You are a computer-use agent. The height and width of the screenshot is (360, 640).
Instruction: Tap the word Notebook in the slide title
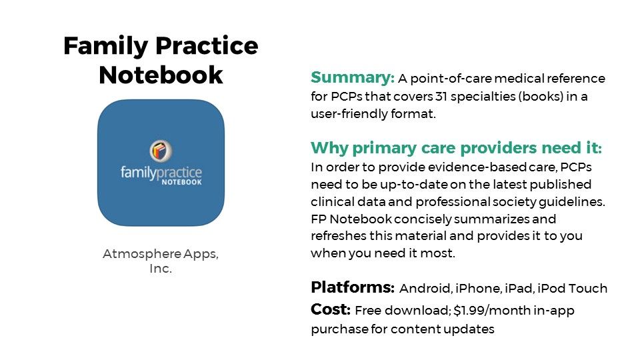[161, 75]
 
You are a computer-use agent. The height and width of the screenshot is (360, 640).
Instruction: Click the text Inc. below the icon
[161, 269]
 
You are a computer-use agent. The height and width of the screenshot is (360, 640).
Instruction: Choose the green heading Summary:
[353, 77]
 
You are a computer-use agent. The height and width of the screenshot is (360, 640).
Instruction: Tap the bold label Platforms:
[353, 288]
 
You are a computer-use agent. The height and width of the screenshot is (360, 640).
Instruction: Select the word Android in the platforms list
[425, 289]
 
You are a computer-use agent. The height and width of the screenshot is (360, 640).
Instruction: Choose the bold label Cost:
[331, 310]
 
